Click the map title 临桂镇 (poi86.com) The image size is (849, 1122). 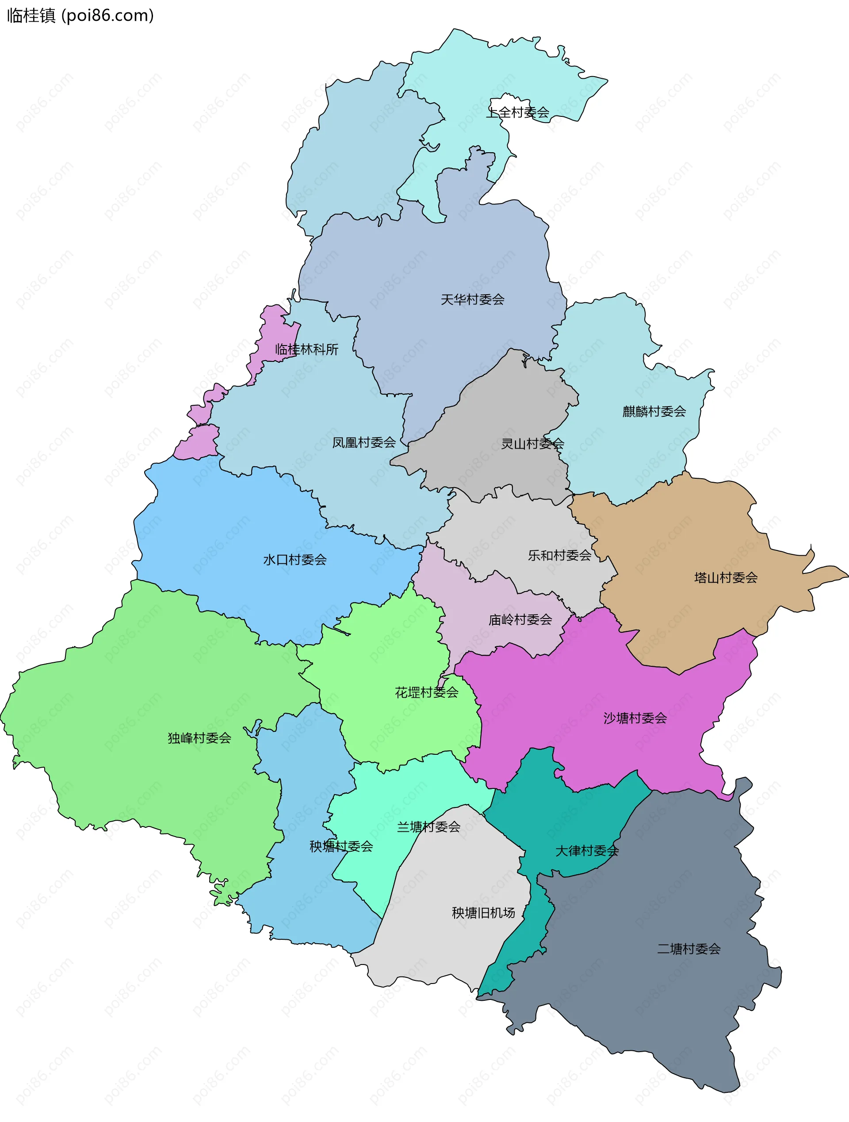pos(80,16)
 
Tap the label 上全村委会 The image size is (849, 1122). pos(517,113)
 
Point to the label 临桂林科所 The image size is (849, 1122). pos(306,350)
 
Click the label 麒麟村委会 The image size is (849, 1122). pos(654,412)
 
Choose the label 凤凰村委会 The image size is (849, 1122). pos(363,443)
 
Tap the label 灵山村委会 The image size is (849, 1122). pos(532,444)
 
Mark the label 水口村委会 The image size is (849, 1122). pos(294,560)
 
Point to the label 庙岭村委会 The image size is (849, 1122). pos(520,620)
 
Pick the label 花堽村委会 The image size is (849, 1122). pos(426,693)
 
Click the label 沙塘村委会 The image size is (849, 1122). pos(635,718)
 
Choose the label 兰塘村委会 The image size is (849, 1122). pos(428,827)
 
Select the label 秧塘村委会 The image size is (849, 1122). pos(341,846)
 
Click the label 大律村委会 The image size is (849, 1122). pos(586,851)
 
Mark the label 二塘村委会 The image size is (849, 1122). pos(688,949)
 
